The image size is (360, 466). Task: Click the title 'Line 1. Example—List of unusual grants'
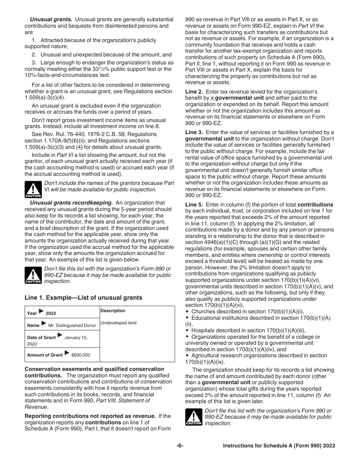coord(83,298)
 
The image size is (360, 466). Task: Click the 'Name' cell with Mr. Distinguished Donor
coord(61,325)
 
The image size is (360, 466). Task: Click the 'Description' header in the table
coord(113,311)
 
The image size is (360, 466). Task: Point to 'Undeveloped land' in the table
coord(118,323)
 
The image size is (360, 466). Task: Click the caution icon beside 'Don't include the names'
coord(33,189)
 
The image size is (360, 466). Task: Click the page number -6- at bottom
coord(180,446)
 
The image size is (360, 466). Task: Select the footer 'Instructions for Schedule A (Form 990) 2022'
coord(279,446)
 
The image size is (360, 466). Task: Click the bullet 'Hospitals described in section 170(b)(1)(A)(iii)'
coord(248,330)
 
